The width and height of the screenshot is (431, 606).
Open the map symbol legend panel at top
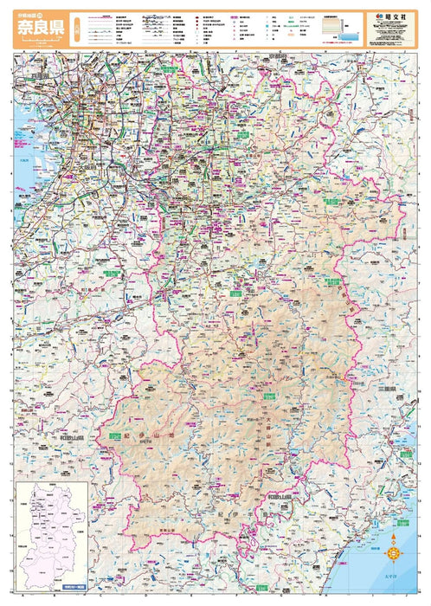click(x=216, y=32)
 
